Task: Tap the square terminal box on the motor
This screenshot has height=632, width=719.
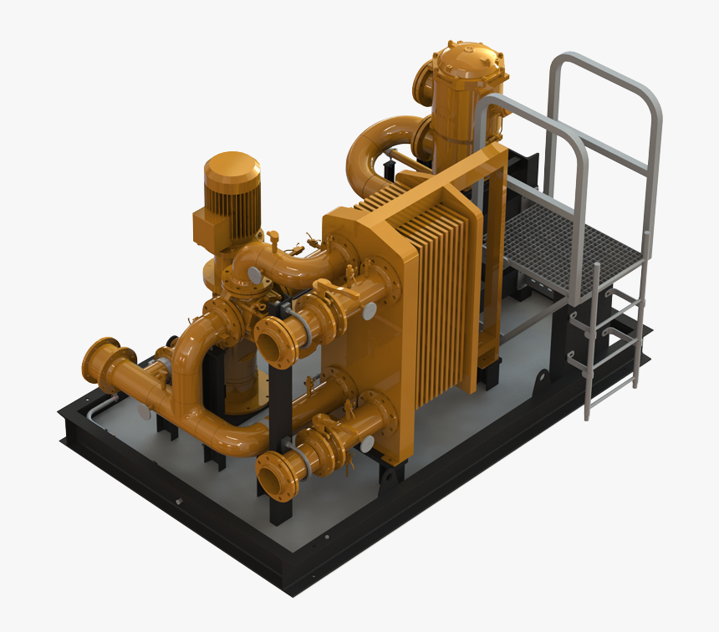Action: (x=209, y=225)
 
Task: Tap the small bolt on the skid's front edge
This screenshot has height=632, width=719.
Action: (x=178, y=502)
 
